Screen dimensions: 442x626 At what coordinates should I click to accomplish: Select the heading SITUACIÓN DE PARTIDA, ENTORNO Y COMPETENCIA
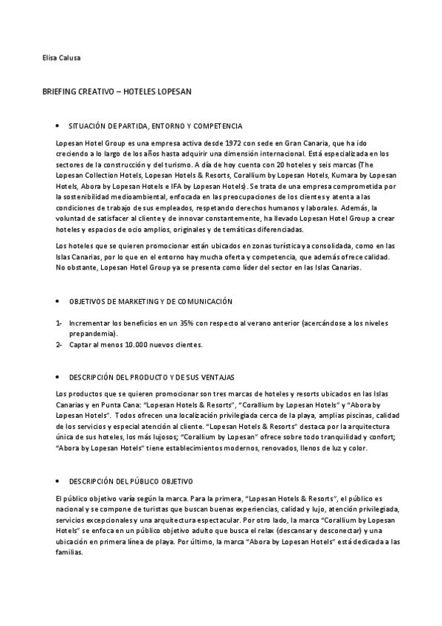155,126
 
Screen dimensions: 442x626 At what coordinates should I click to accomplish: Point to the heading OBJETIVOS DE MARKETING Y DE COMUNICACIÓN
151,301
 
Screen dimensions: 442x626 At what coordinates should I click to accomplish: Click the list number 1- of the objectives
58,323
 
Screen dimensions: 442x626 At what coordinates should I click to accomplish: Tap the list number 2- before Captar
58,345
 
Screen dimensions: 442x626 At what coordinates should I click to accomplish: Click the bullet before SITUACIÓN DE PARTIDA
58,126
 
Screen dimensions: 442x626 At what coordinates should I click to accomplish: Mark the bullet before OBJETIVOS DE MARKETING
58,301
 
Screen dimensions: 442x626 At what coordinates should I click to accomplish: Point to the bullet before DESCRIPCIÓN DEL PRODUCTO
58,377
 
